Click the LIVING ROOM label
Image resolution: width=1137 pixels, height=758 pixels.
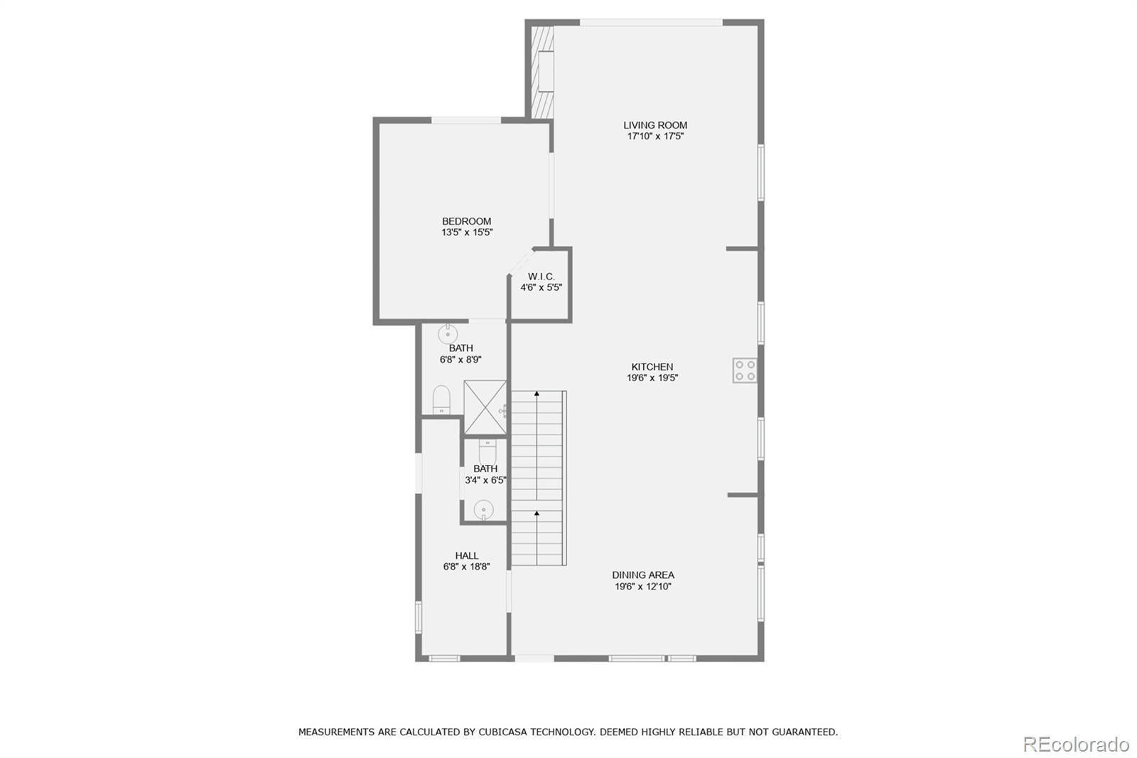[655, 125]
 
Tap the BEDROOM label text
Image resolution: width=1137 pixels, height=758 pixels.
[466, 221]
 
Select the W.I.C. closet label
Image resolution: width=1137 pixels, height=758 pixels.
[541, 276]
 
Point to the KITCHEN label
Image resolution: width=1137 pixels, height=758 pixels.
[652, 367]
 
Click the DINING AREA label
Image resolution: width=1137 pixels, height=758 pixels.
[643, 575]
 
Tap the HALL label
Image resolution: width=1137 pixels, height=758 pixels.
[466, 555]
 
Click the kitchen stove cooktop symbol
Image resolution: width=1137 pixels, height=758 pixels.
[745, 370]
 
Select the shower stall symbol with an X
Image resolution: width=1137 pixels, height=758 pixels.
[485, 407]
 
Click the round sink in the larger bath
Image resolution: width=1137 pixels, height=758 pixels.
[448, 333]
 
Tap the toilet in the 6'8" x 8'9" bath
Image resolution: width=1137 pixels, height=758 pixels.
[441, 400]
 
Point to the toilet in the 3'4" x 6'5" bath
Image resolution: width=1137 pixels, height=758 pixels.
[487, 451]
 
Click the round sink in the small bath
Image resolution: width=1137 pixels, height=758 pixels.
[484, 509]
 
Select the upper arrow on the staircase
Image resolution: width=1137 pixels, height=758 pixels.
[537, 393]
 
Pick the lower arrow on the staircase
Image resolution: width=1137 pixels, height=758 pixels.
[537, 513]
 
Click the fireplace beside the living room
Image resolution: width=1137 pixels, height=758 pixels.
[543, 72]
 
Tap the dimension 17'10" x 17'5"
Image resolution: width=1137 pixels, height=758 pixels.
[655, 137]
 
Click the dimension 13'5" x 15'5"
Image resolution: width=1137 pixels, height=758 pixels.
[466, 233]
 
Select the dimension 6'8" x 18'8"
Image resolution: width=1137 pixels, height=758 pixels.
[466, 567]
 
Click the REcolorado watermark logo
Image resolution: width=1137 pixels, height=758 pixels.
[1075, 744]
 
